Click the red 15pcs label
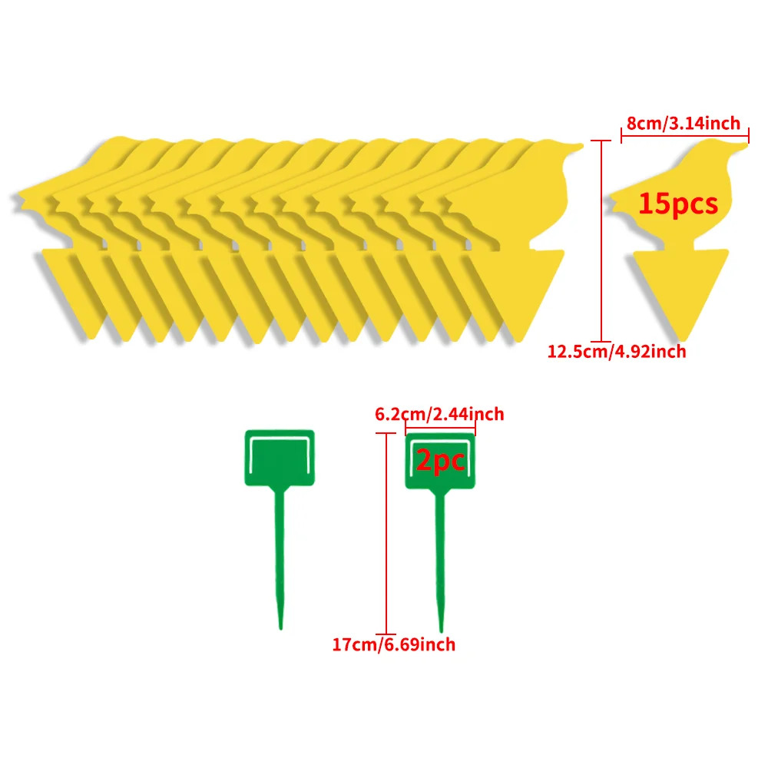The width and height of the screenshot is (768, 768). click(678, 204)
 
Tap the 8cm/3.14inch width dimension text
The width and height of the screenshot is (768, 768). click(684, 123)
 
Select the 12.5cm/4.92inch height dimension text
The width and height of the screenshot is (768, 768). click(617, 352)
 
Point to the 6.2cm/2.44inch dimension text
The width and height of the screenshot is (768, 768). click(439, 415)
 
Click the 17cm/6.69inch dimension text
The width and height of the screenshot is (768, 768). click(394, 644)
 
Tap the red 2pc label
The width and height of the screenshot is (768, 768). click(440, 460)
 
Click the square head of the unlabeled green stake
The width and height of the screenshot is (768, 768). click(280, 458)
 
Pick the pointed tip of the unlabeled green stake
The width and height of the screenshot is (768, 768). click(280, 629)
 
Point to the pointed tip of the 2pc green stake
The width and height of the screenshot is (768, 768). click(442, 631)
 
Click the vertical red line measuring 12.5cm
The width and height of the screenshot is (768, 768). click(601, 241)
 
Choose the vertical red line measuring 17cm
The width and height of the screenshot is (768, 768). click(386, 534)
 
